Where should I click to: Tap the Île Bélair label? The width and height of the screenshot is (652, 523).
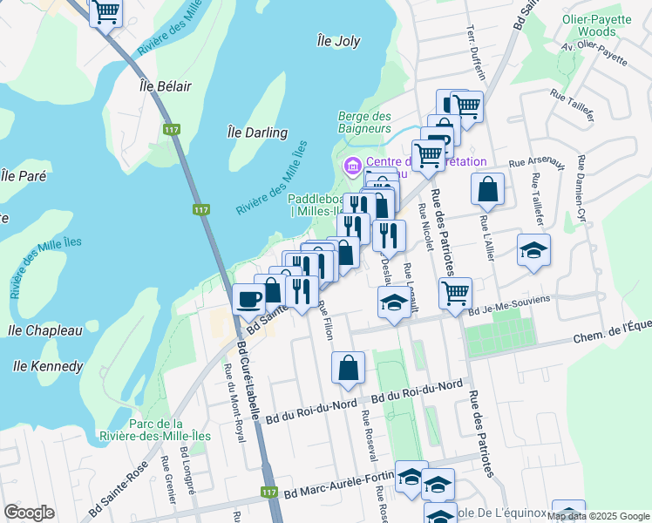tap(165, 86)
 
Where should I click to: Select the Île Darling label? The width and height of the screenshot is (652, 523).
tap(257, 132)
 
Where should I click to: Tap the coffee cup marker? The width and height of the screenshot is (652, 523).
tap(248, 299)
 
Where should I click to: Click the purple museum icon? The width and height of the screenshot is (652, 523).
tap(352, 164)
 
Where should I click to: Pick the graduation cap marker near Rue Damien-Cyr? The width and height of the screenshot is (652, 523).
tap(533, 251)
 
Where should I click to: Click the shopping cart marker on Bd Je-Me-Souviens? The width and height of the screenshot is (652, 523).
tap(455, 294)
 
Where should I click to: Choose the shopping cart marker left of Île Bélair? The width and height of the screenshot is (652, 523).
tap(106, 12)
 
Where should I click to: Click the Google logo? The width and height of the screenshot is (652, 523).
tap(29, 513)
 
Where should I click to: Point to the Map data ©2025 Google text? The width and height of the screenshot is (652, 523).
tap(598, 516)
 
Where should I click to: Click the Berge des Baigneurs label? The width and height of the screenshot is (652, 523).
tap(364, 122)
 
